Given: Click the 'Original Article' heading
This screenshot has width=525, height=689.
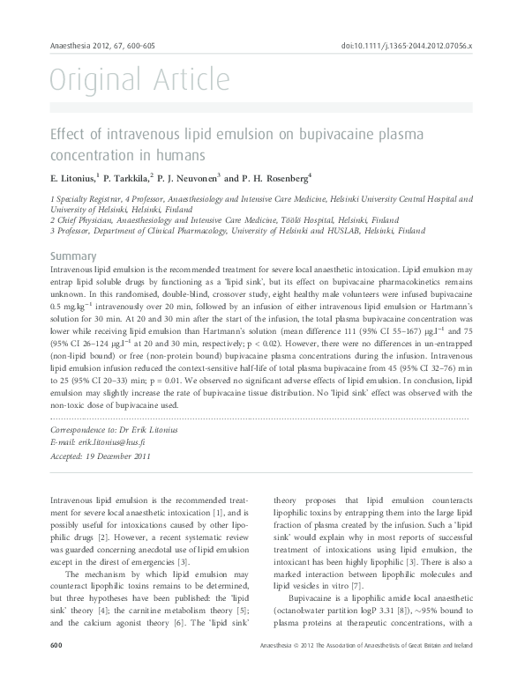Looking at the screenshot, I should click(139, 81).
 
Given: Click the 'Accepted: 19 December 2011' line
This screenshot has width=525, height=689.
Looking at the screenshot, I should click(101, 456).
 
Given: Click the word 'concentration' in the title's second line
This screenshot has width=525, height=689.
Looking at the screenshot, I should click(94, 155).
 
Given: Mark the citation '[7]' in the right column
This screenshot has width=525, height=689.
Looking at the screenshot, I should click(331, 585).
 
